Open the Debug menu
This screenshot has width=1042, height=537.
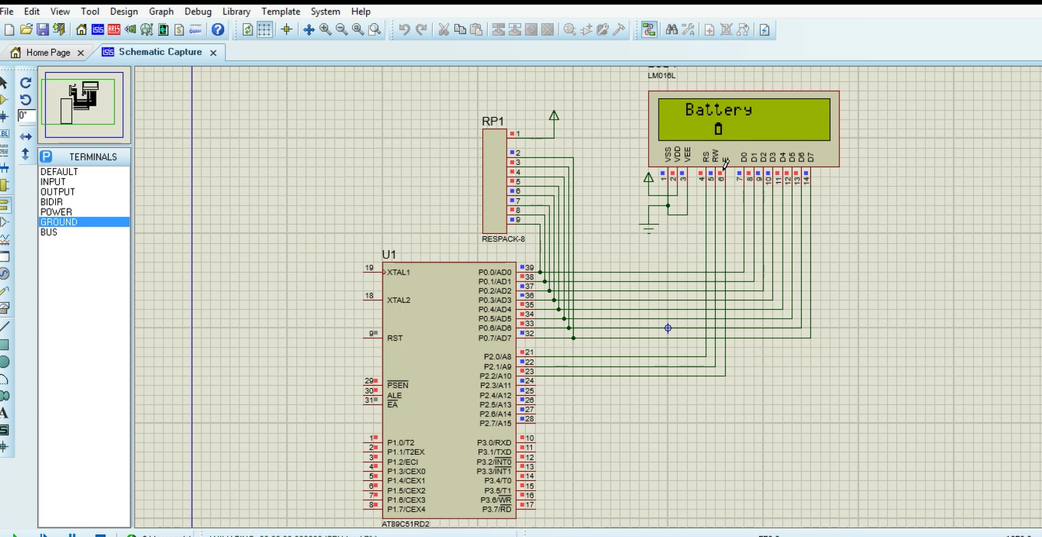tap(198, 12)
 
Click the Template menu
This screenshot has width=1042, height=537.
tap(281, 12)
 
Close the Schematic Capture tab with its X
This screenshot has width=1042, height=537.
tap(213, 52)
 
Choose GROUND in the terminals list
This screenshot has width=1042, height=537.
tap(59, 222)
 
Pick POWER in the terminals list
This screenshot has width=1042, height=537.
tap(56, 212)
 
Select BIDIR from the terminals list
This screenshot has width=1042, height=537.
tap(51, 202)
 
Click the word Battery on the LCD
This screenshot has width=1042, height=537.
tap(718, 110)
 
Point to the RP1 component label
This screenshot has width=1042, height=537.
tap(493, 121)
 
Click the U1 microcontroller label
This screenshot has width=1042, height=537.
tap(389, 255)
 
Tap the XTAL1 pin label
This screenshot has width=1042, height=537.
tap(398, 272)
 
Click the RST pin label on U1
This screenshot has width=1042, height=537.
tap(394, 338)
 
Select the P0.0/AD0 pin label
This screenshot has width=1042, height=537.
tap(494, 272)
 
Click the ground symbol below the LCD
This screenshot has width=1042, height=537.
tap(649, 227)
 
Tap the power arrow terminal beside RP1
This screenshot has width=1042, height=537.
tap(553, 117)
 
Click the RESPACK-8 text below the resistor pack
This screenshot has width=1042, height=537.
tap(503, 239)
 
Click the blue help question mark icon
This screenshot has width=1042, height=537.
tap(218, 29)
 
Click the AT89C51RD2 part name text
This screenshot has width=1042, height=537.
tap(407, 524)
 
